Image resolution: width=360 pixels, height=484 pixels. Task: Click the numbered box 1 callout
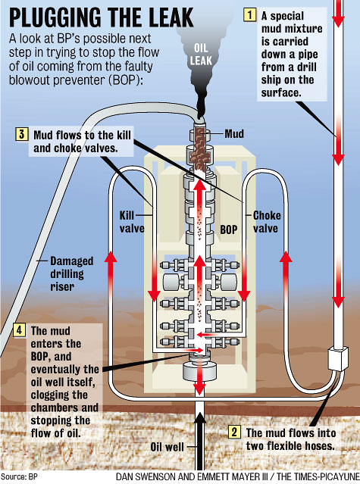pyautogui.click(x=247, y=13)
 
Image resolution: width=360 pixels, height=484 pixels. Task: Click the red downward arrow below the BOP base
pyautogui.click(x=201, y=386)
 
